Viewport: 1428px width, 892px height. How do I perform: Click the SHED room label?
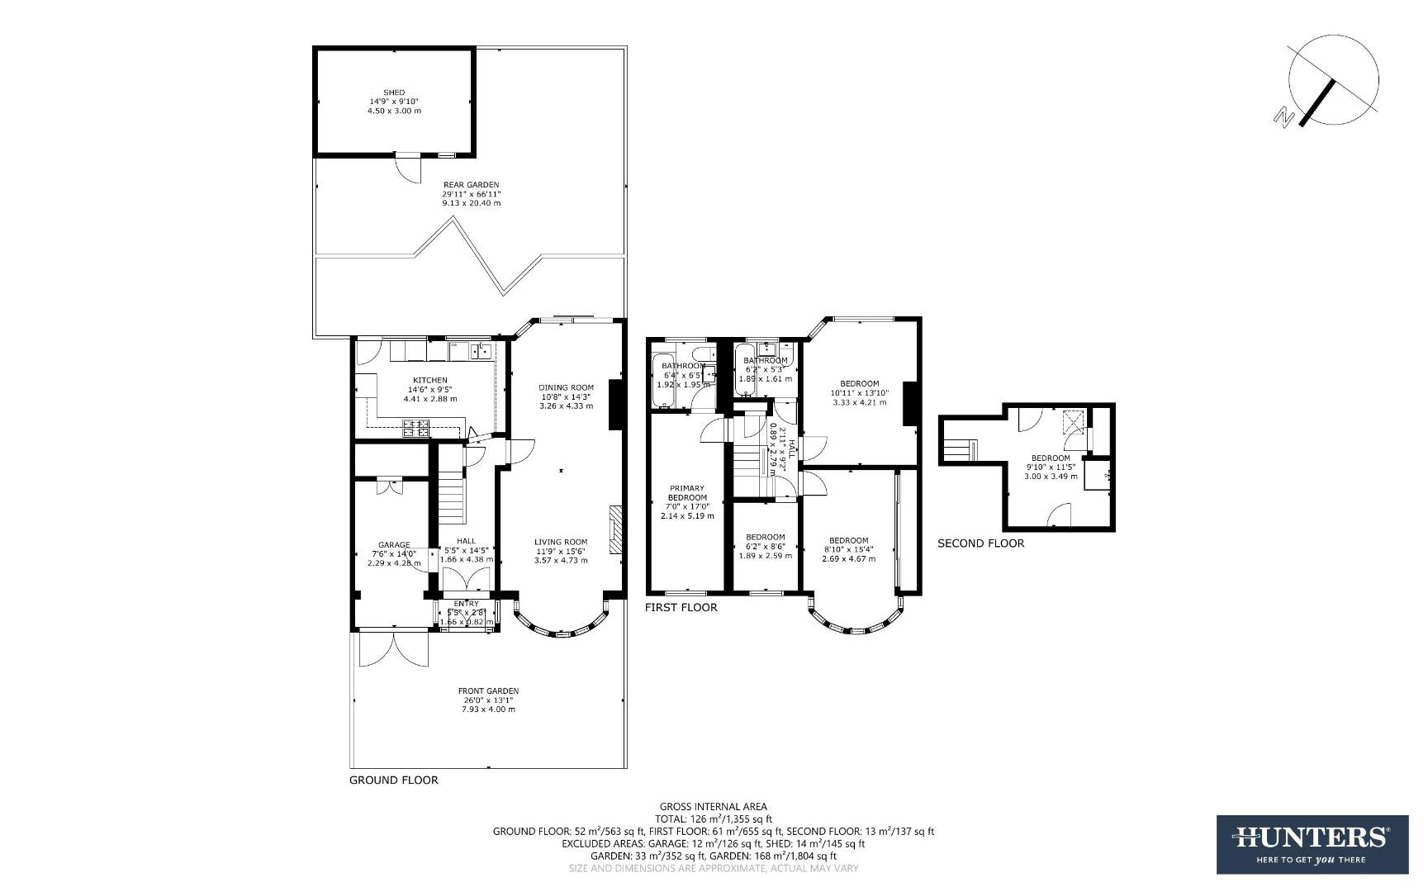pyautogui.click(x=394, y=93)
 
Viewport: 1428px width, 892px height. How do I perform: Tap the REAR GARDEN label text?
pyautogui.click(x=471, y=185)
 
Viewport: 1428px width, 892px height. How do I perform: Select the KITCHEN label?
pyautogui.click(x=429, y=381)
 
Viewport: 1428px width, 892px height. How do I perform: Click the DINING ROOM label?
pyautogui.click(x=566, y=387)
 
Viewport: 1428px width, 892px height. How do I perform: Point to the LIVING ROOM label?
pyautogui.click(x=561, y=543)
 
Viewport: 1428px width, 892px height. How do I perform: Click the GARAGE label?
pyautogui.click(x=394, y=545)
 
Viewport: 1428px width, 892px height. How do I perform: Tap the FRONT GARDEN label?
pyautogui.click(x=488, y=691)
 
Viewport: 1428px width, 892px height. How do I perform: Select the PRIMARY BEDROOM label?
pyautogui.click(x=687, y=493)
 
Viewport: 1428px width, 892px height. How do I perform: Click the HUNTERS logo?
pyautogui.click(x=1311, y=843)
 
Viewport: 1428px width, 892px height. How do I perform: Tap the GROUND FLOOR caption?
pyautogui.click(x=393, y=780)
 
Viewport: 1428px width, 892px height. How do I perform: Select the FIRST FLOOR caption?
pyautogui.click(x=681, y=607)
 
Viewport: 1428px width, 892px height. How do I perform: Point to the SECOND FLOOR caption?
pyautogui.click(x=980, y=543)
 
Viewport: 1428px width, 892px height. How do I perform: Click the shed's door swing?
pyautogui.click(x=407, y=170)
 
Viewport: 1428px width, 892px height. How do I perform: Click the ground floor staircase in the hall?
pyautogui.click(x=452, y=494)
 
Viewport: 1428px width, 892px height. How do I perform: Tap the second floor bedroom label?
pyautogui.click(x=1051, y=458)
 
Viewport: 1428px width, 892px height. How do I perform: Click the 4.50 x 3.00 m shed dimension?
pyautogui.click(x=394, y=111)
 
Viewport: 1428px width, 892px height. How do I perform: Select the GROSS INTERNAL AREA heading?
pyautogui.click(x=713, y=807)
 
